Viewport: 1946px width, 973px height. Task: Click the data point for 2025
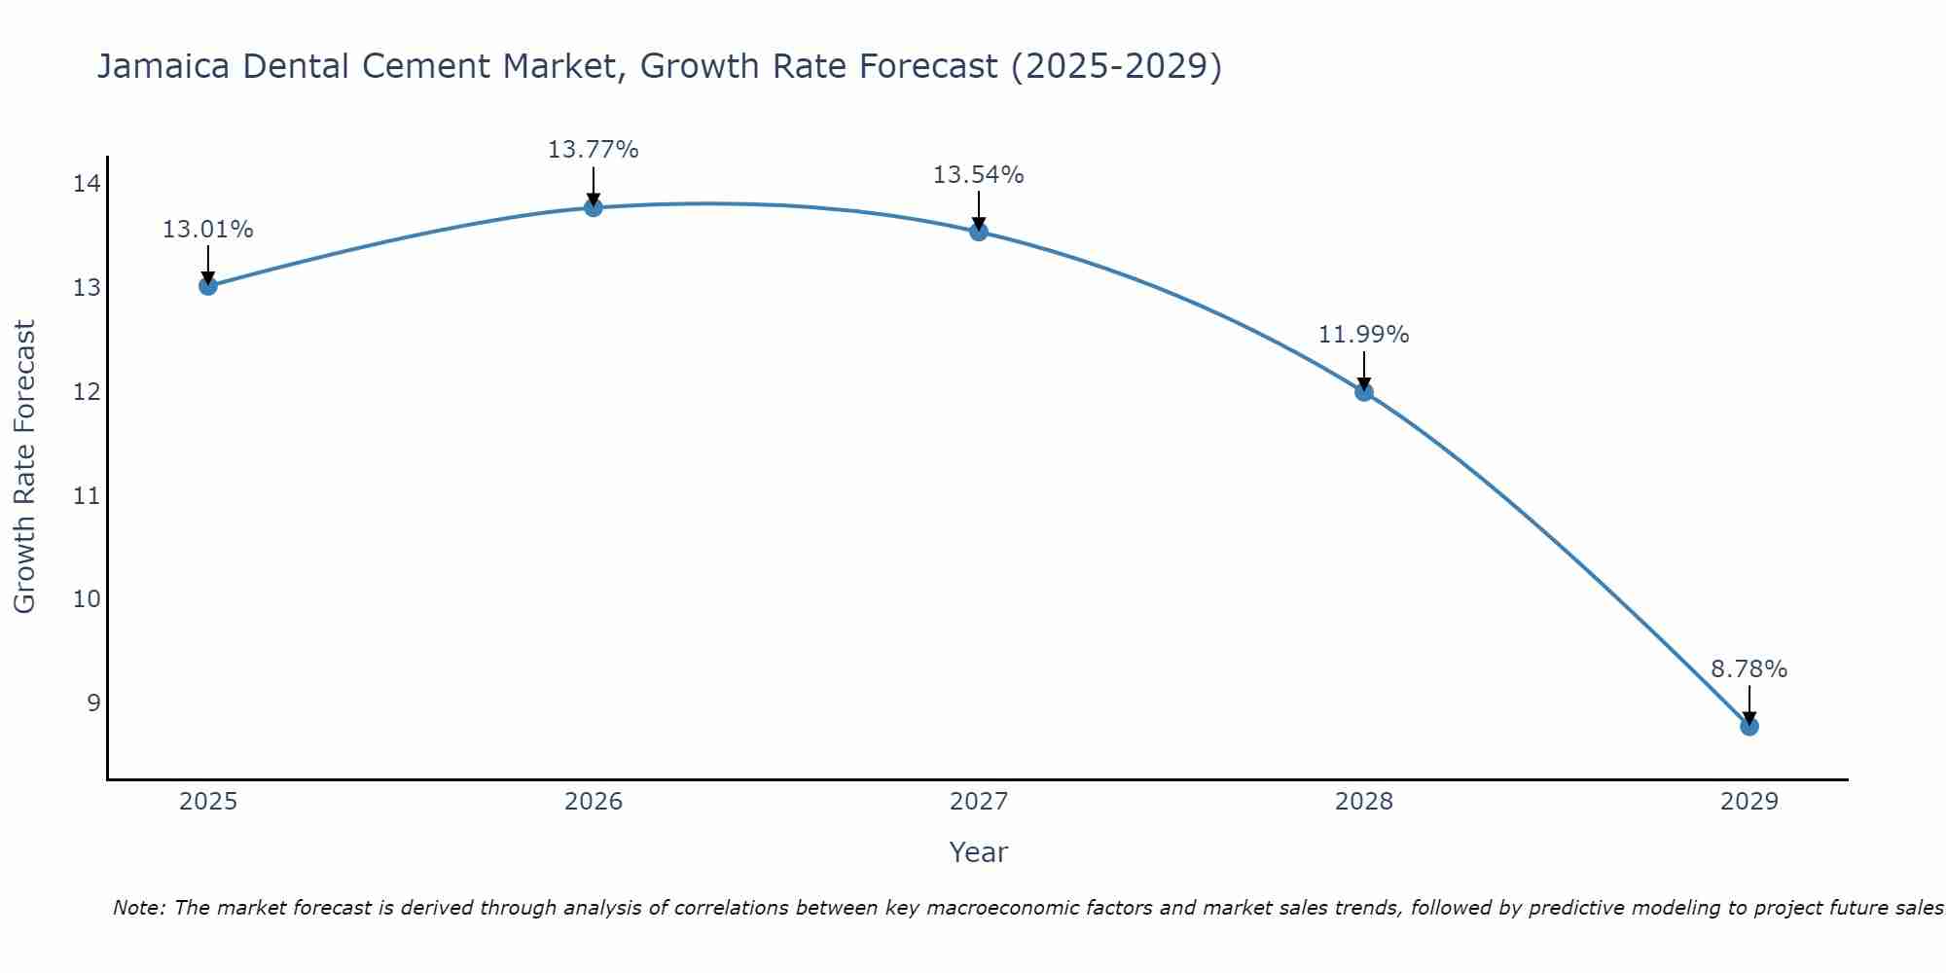pos(208,285)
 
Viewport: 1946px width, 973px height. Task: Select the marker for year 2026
pos(594,207)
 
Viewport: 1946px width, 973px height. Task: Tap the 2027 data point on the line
pos(979,232)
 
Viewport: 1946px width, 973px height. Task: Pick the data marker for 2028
pos(1364,392)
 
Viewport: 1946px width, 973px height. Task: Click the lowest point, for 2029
pos(1748,726)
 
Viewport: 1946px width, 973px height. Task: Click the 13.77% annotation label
pos(594,150)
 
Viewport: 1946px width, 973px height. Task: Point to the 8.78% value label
pos(1748,669)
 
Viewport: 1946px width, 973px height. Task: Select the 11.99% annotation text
pos(1364,335)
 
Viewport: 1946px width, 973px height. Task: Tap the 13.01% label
pos(208,230)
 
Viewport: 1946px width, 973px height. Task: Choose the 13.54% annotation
pos(979,175)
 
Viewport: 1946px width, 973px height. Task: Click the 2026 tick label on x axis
pos(594,802)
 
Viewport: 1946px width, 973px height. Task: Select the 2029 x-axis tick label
pos(1748,802)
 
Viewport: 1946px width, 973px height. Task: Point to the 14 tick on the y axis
pos(87,184)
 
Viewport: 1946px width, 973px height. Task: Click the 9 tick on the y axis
pos(93,703)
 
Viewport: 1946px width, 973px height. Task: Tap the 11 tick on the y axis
pos(87,495)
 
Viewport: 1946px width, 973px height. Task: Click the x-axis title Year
pos(979,852)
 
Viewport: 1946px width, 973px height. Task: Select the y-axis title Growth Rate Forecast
pos(24,467)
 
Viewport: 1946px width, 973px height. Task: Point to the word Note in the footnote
pos(139,908)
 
